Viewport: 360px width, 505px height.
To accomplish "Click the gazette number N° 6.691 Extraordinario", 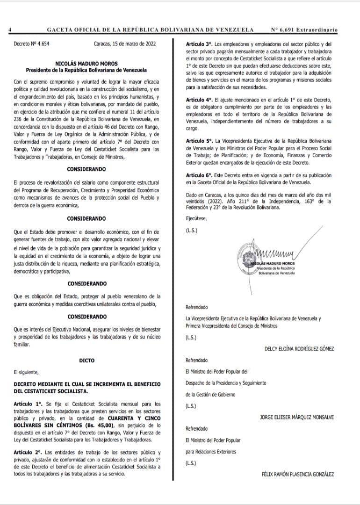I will point(304,29).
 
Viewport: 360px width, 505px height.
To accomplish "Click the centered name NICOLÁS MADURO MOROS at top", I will point(86,63).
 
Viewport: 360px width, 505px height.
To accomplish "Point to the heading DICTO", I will point(86,361).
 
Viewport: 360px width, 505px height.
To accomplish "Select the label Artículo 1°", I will point(28,404).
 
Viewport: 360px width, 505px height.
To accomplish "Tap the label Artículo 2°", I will point(28,453).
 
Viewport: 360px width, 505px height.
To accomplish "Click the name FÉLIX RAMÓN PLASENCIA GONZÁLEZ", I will point(298,474).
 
